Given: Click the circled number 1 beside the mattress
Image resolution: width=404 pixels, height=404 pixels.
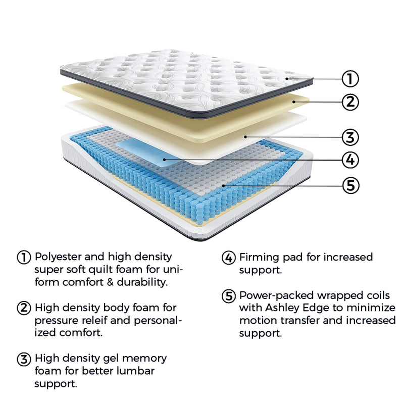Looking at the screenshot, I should point(350,79).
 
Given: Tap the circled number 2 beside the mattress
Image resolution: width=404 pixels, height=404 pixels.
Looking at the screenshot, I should point(350,102).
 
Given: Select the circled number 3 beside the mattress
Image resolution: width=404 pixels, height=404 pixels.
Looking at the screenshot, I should point(350,137).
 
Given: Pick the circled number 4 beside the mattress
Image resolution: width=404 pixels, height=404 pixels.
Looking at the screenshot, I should point(350,160).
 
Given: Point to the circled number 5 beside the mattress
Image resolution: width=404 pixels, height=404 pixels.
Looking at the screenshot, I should point(350,185).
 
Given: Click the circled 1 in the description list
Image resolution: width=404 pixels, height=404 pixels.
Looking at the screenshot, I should point(24,257).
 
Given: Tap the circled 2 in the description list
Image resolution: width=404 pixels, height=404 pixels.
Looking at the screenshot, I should point(24,308).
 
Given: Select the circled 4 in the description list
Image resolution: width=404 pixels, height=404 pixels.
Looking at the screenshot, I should point(229,258).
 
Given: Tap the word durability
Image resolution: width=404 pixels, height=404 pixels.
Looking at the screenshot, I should point(146,282).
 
